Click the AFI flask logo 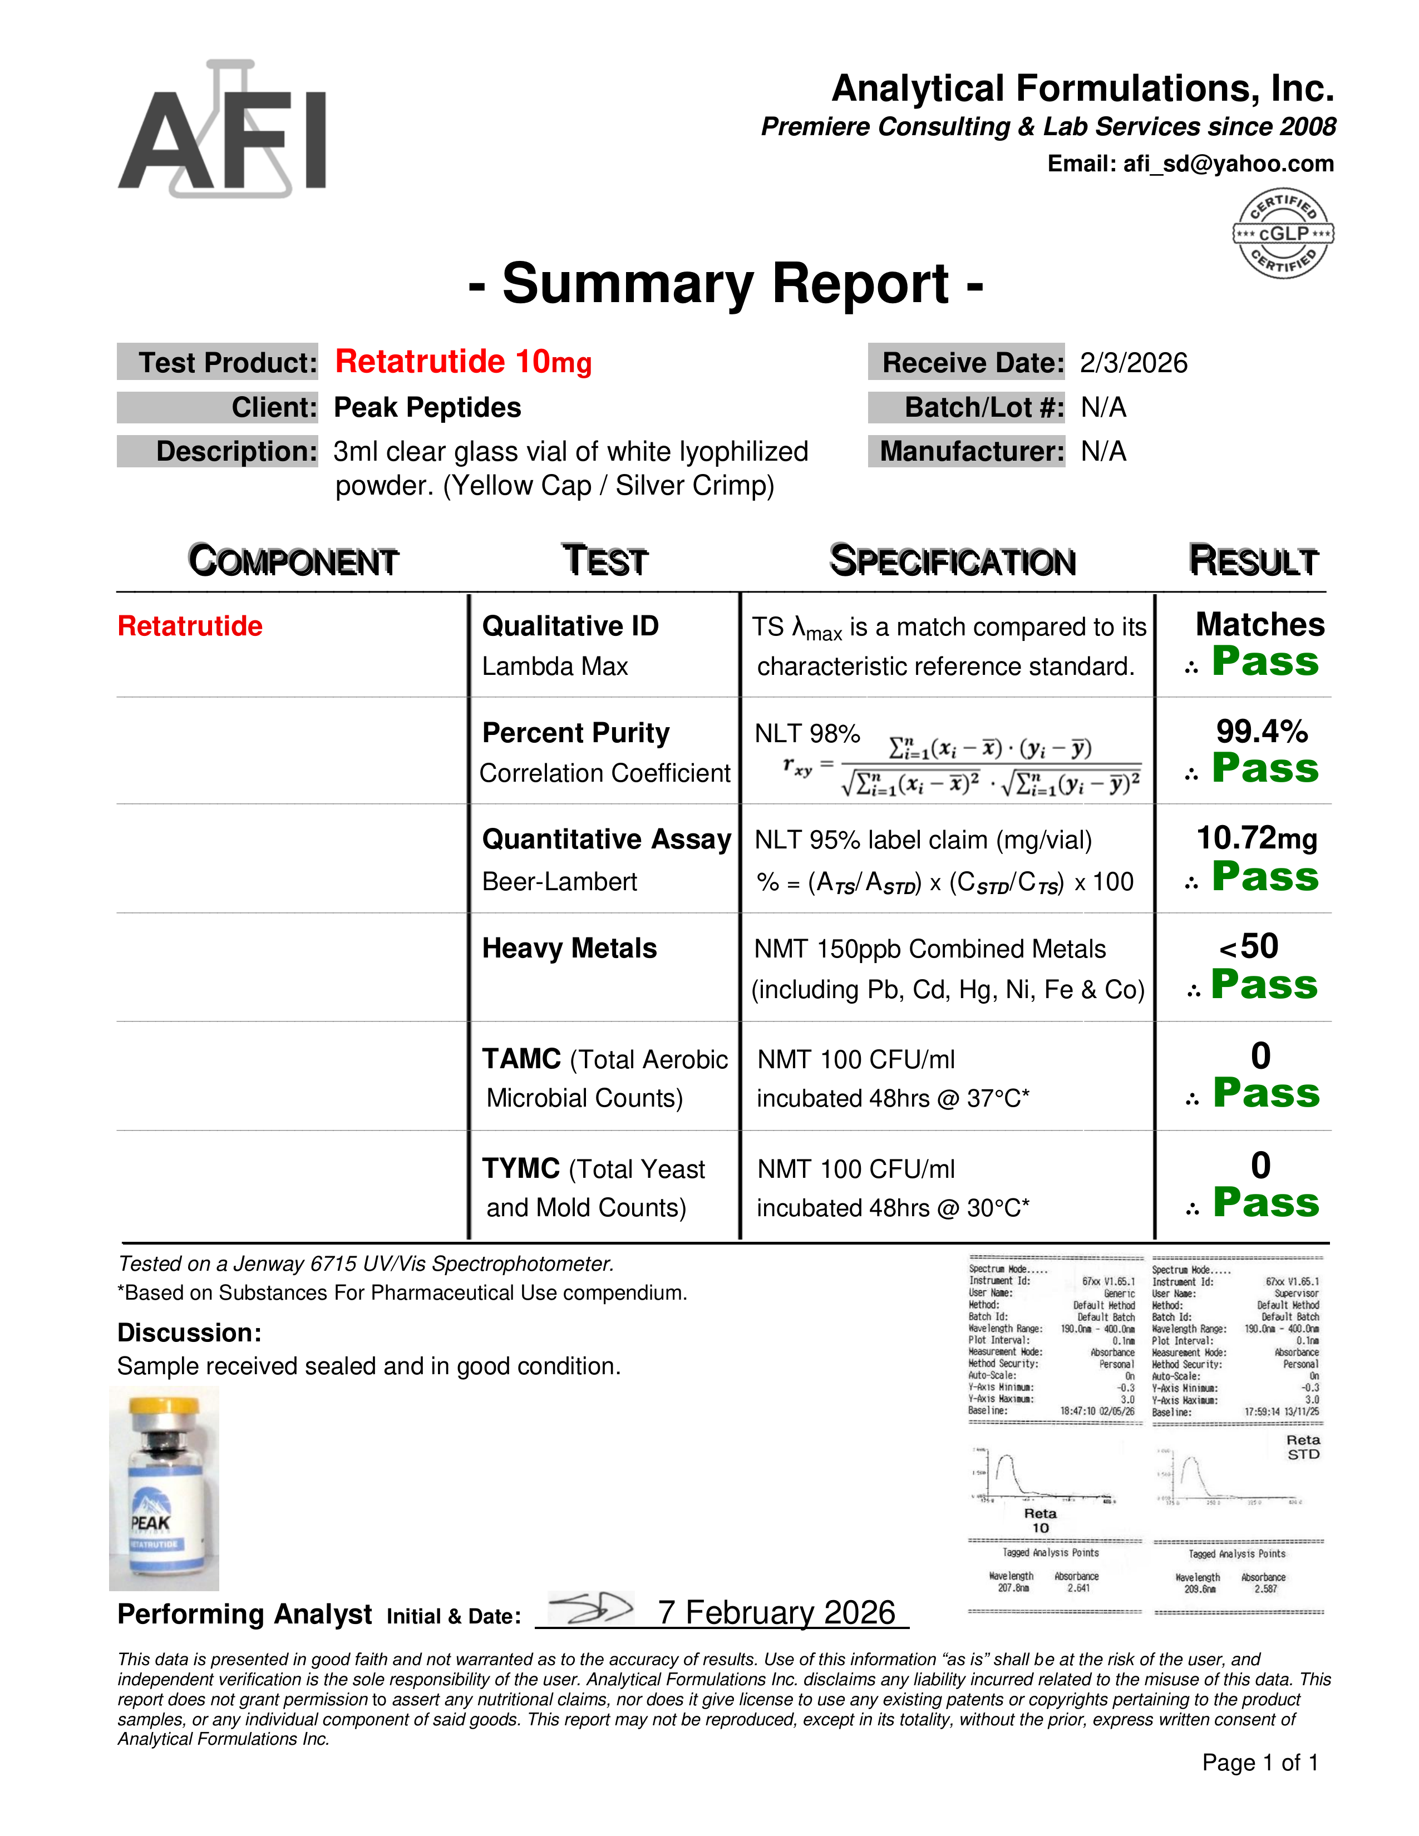[x=222, y=130]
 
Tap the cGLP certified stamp [x=1283, y=233]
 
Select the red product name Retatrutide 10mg [x=463, y=362]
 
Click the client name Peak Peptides [x=427, y=408]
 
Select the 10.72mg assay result [x=1257, y=838]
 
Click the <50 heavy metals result [x=1249, y=946]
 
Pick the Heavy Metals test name [x=569, y=948]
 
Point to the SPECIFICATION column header [x=953, y=561]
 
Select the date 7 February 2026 [x=777, y=1612]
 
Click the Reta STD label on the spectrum [x=1303, y=1447]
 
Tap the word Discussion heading [x=189, y=1333]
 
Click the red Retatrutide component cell [x=190, y=626]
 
